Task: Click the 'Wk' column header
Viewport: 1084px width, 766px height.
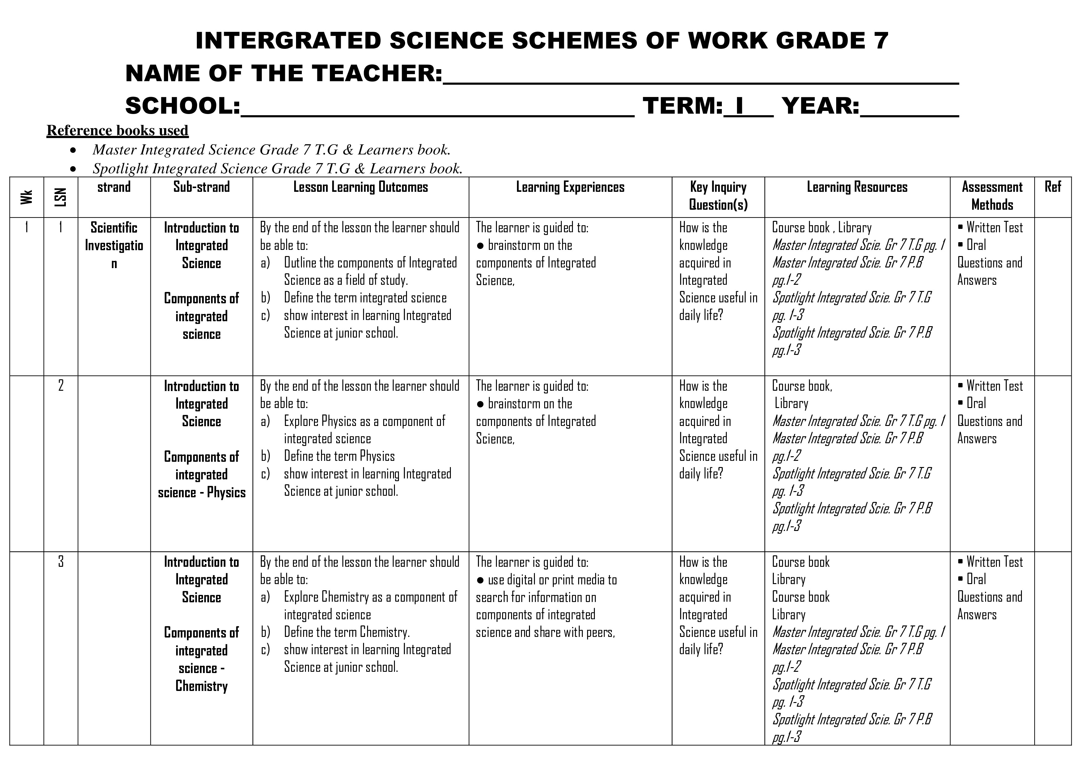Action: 27,197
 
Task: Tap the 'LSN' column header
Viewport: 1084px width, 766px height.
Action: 61,197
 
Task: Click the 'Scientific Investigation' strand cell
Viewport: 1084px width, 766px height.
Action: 114,246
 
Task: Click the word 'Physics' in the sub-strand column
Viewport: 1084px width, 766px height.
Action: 226,492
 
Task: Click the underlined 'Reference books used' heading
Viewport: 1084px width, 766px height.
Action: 117,130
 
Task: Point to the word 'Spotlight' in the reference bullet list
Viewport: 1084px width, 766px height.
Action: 121,169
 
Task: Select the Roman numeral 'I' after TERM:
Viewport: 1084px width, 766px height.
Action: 739,106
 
